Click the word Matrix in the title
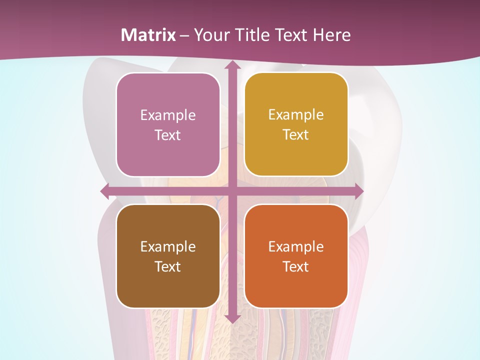tap(148, 35)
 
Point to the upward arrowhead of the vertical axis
tap(232, 65)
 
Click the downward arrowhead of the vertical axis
tap(232, 318)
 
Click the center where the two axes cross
tap(232, 191)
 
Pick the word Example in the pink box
tap(168, 115)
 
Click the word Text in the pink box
tap(168, 135)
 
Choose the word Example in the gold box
tap(296, 115)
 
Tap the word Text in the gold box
tap(296, 135)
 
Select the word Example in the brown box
tap(168, 247)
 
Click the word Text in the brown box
tap(168, 267)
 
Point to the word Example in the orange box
tap(296, 247)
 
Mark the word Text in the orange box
tap(296, 267)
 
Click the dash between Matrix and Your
tap(184, 35)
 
